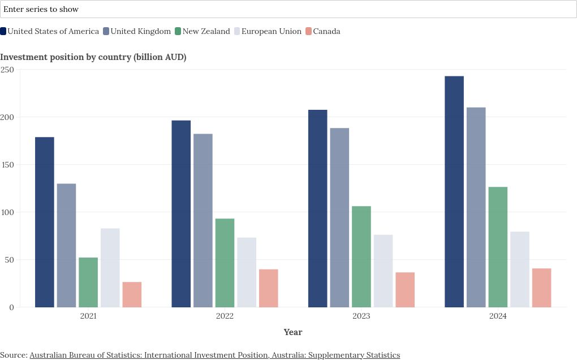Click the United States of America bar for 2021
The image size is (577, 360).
point(45,222)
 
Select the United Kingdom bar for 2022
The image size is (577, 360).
point(203,220)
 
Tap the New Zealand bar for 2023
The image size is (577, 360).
point(361,256)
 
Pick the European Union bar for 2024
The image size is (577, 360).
point(520,269)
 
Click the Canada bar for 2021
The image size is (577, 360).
point(132,294)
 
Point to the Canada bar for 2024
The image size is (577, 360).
point(542,288)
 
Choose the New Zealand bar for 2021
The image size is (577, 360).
point(88,282)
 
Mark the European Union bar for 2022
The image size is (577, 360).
point(247,272)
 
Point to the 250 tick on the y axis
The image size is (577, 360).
point(7,70)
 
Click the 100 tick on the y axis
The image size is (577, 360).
point(7,212)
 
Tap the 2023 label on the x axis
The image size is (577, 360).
point(361,316)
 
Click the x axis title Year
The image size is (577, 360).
point(293,332)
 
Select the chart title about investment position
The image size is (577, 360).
point(93,57)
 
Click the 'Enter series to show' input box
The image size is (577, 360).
point(288,9)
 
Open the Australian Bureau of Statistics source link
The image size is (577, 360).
point(214,355)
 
